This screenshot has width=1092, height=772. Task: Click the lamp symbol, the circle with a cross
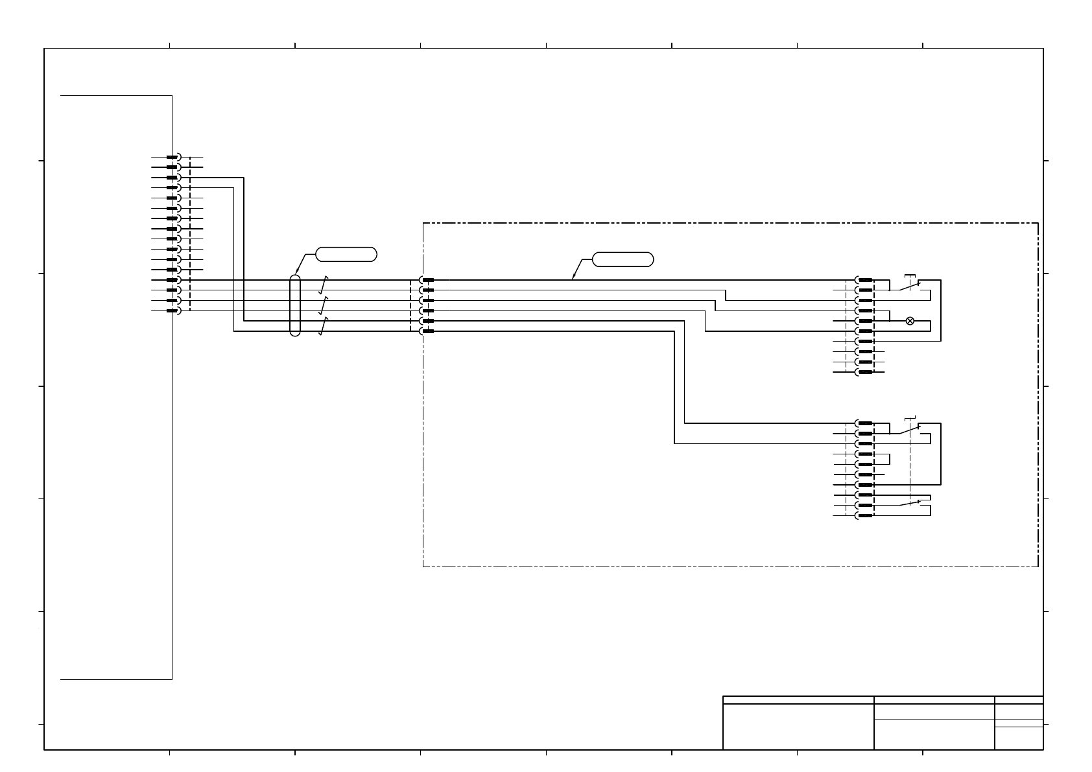click(910, 321)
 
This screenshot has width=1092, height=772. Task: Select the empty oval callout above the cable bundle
click(346, 254)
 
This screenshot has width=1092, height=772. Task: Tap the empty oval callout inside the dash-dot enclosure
click(623, 260)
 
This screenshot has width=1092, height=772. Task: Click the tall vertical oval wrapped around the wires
click(295, 305)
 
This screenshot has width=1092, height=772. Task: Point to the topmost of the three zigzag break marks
click(323, 285)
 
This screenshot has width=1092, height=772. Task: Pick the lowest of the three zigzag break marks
click(323, 326)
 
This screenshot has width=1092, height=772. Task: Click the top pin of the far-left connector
click(172, 157)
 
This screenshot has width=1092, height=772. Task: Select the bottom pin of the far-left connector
click(172, 310)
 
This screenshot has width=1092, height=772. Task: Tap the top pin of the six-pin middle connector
click(427, 280)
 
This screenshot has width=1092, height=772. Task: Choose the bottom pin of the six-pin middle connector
click(427, 331)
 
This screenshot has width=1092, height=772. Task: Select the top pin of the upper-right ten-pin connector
click(864, 280)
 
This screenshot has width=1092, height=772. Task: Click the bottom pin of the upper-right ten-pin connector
click(864, 372)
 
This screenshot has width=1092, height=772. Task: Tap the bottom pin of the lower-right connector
click(864, 515)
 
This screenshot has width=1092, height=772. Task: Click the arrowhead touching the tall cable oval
click(297, 273)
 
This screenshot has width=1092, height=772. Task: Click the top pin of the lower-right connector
click(864, 423)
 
